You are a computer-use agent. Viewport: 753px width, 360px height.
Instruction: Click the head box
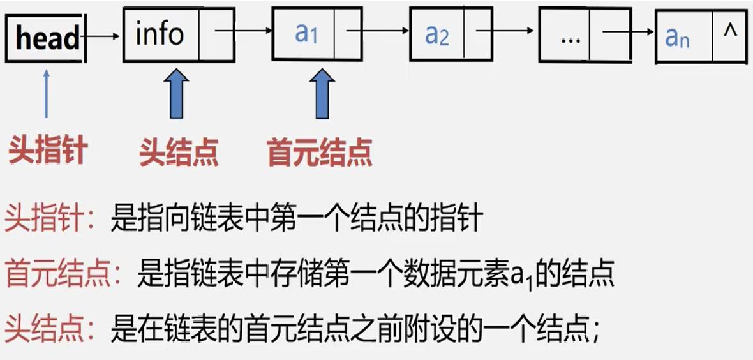(46, 38)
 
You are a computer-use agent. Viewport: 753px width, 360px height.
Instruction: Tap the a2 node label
(437, 35)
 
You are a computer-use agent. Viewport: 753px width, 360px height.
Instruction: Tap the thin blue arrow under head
(46, 94)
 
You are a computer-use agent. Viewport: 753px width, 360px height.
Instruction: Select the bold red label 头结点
(179, 153)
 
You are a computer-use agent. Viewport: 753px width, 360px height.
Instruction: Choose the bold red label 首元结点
(319, 153)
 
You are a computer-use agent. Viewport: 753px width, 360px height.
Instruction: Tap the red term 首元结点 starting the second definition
(57, 276)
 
